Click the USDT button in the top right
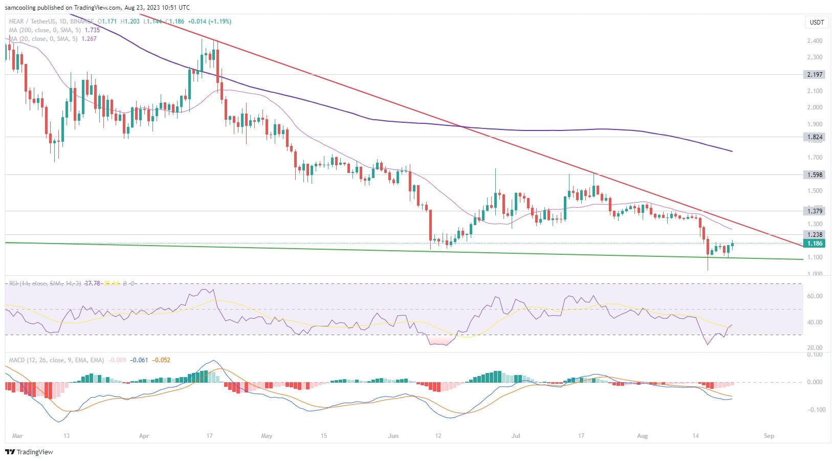816,22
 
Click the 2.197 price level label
815,74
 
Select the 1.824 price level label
815,137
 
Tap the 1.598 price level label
815,174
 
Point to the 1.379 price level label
815,211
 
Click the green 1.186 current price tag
815,244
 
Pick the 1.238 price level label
815,234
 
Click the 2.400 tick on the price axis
815,41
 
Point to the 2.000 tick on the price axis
815,107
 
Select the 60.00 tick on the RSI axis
815,296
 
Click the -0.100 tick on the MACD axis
815,409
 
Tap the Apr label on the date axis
144,436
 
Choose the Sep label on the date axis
768,436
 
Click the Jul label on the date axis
516,436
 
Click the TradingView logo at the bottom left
29,452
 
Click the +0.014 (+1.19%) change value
210,21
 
